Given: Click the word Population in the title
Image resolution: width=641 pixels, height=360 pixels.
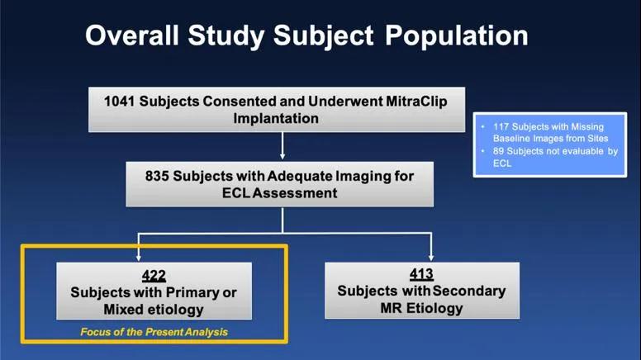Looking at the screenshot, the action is (457, 36).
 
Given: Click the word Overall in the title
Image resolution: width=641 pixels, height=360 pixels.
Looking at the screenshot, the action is (132, 36).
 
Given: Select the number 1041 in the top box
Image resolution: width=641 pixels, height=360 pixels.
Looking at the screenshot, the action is (120, 102).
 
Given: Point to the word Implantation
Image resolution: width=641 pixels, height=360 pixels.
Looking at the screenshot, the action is (276, 119).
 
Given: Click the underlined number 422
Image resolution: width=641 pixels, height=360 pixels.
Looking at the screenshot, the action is (154, 276).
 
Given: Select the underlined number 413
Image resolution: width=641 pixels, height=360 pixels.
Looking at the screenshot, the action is (421, 274).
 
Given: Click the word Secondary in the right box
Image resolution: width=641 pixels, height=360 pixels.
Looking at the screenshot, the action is (469, 291).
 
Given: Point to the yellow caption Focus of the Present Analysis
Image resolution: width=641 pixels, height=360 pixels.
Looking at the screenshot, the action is (154, 332).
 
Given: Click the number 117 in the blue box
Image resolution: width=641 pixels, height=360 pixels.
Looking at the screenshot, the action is (501, 127).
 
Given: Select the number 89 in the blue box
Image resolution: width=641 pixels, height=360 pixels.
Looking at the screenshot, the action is (498, 151).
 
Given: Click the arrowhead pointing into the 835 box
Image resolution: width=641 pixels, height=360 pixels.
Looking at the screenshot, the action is (282, 156).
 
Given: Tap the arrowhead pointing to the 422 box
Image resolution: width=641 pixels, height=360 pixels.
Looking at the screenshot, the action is (139, 258).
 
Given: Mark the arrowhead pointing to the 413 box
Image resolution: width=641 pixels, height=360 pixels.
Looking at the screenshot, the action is (431, 258).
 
